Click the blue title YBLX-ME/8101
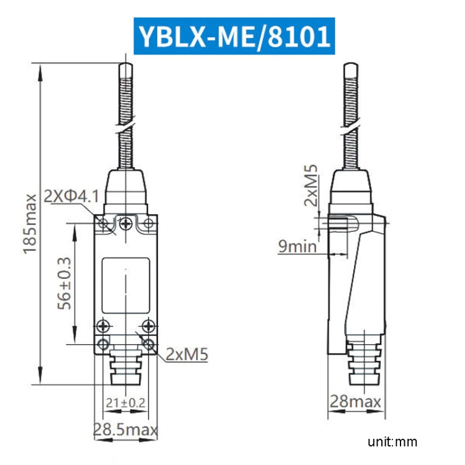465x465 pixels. point(234,36)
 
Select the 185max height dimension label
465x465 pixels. point(30,224)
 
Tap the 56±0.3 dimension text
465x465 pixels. point(64,283)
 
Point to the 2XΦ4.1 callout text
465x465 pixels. point(71,197)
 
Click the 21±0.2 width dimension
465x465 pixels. point(126,403)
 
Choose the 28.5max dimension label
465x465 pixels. point(125,430)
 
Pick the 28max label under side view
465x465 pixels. point(355,402)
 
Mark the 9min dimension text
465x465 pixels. point(298,246)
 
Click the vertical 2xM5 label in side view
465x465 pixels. point(311,185)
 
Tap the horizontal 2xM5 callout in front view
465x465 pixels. point(187,354)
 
